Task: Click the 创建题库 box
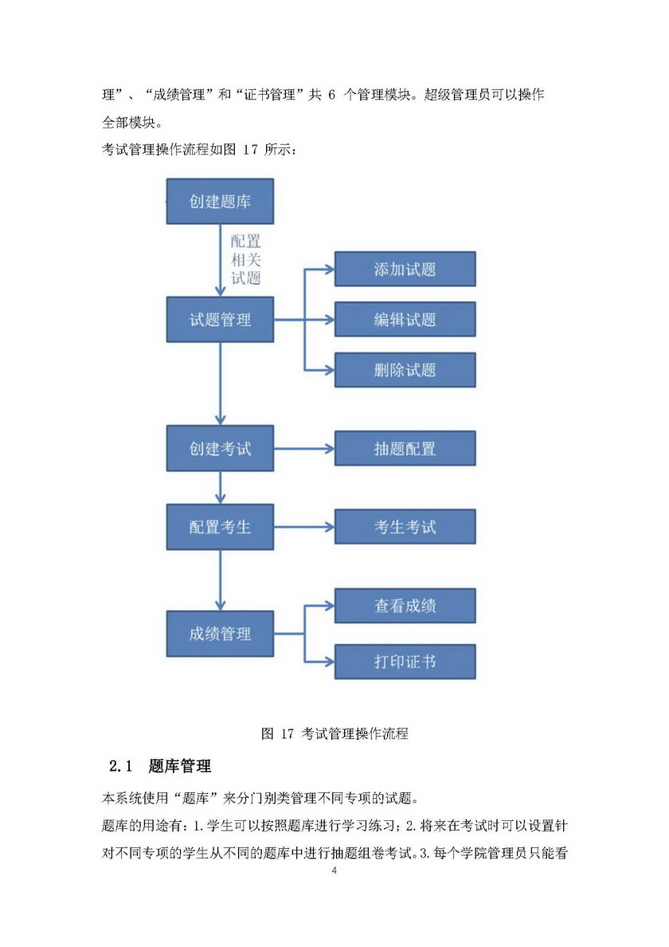(220, 202)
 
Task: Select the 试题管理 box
(220, 320)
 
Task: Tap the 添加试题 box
(405, 269)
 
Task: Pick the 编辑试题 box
(405, 320)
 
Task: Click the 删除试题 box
(405, 370)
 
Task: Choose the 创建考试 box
(220, 448)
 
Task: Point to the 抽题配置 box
(405, 448)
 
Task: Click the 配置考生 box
(220, 526)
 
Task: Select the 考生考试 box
(405, 526)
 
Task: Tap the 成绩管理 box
(220, 635)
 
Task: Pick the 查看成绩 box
(405, 606)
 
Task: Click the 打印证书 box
(405, 662)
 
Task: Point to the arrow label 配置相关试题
(245, 259)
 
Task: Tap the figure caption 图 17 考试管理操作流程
(334, 733)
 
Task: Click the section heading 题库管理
(180, 767)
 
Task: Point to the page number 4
(334, 870)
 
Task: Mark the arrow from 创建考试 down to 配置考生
(220, 487)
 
